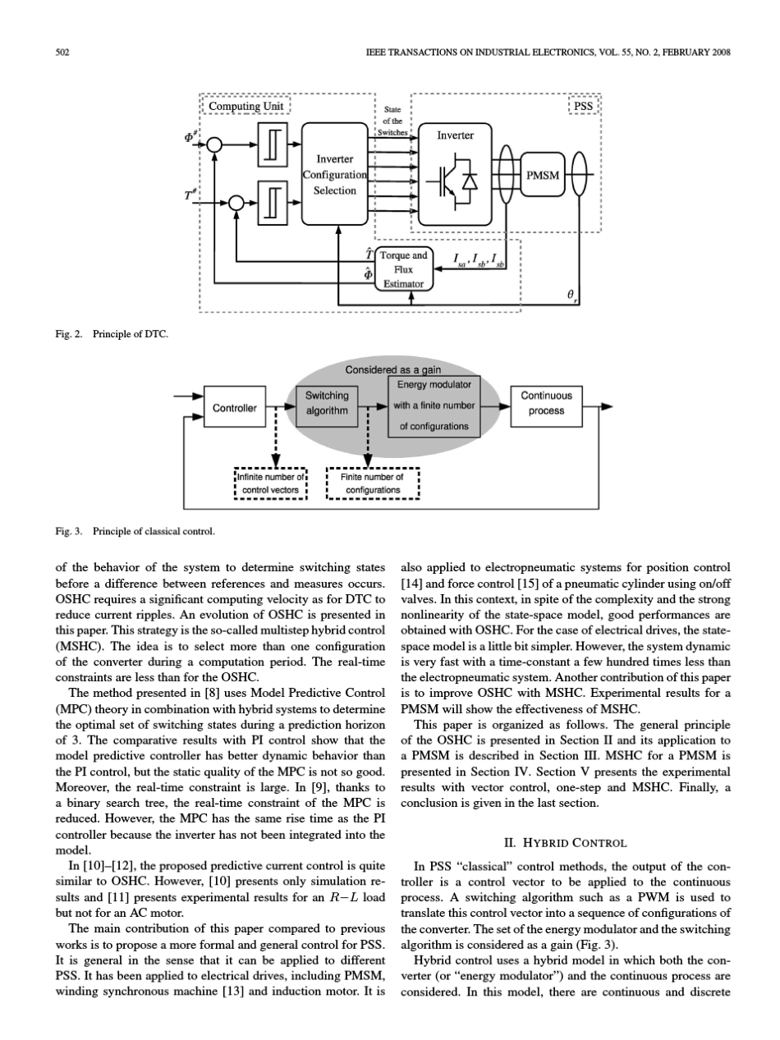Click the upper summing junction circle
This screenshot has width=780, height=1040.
[x=215, y=144]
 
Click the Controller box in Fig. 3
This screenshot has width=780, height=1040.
[x=235, y=408]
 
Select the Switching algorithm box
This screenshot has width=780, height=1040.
[x=326, y=402]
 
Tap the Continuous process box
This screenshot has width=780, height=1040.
[x=546, y=402]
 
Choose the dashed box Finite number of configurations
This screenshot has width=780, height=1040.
[x=373, y=483]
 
